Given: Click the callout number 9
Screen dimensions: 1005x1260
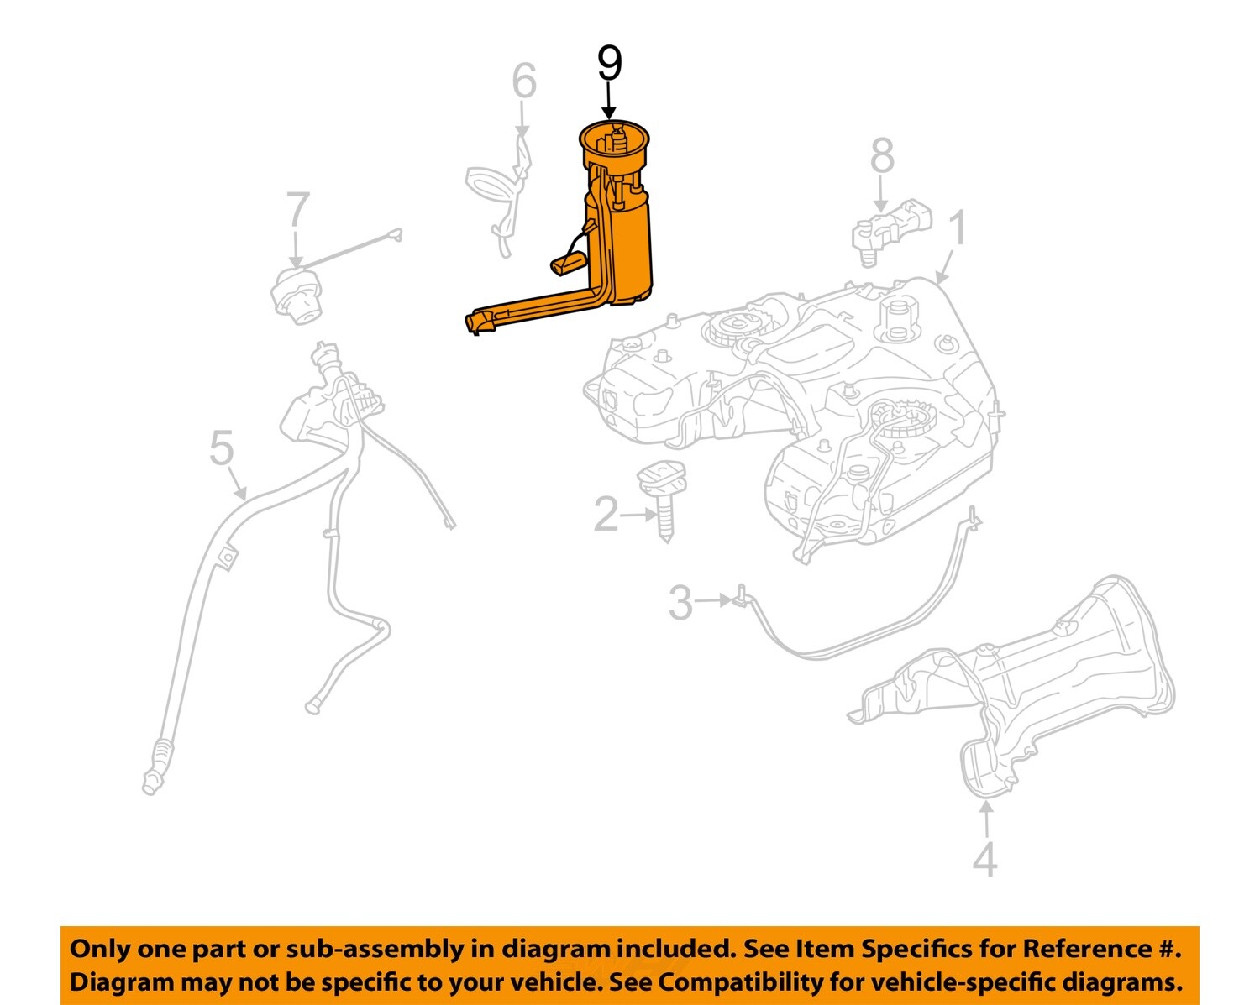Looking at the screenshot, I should [610, 64].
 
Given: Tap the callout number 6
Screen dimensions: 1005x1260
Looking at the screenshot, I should [524, 82].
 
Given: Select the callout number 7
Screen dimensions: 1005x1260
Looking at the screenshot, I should [298, 211].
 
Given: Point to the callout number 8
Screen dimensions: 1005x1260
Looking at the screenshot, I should [882, 157].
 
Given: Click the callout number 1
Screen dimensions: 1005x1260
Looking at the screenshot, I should [958, 228].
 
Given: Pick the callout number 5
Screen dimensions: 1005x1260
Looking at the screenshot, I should [221, 448].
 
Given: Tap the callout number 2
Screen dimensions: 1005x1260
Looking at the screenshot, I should [606, 515].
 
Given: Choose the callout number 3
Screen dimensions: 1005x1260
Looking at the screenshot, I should [680, 603].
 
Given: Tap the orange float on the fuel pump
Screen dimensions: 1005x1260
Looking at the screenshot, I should [567, 264].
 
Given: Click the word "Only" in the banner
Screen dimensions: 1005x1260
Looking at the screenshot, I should [99, 949].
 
